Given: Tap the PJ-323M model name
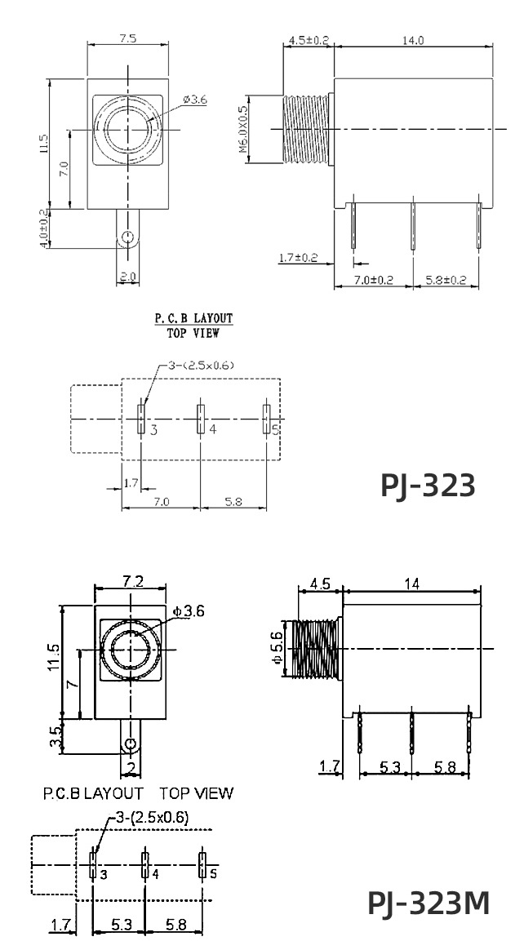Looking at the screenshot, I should [x=429, y=903].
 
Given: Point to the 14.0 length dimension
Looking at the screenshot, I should [x=414, y=40].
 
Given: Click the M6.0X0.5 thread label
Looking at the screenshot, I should [x=242, y=130].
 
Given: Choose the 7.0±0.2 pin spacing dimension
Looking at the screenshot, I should [x=373, y=279].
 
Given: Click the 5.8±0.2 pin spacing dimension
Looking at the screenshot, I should [x=446, y=279].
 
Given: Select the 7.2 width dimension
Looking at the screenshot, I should [x=133, y=581].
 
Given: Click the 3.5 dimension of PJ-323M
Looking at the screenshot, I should [x=56, y=736].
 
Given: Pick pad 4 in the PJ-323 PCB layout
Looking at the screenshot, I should [x=199, y=419].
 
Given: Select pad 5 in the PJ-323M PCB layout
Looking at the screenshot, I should [x=202, y=864].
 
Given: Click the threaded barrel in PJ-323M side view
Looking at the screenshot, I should [x=315, y=650].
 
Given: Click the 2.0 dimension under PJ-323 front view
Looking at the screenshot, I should [x=127, y=277].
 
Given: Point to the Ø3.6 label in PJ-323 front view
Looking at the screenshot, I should [x=196, y=100].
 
